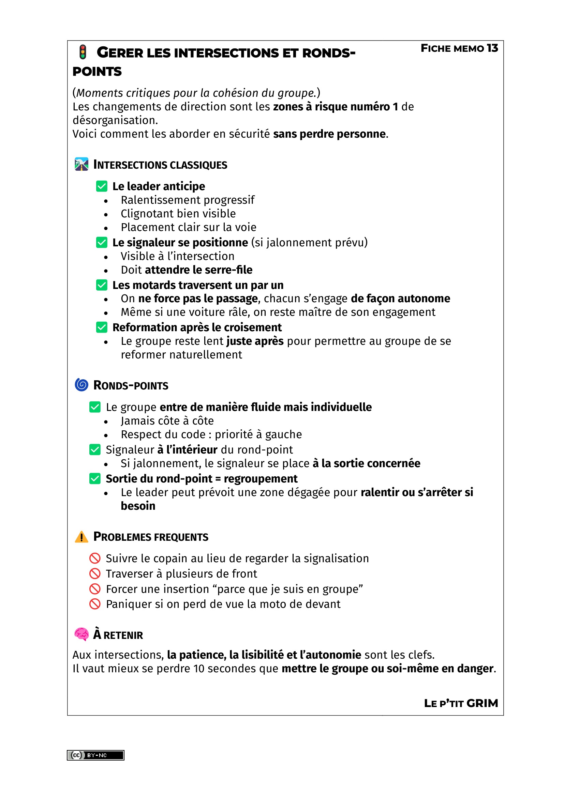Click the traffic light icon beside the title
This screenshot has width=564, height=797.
pyautogui.click(x=83, y=52)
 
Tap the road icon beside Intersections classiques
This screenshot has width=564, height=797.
pyautogui.click(x=81, y=164)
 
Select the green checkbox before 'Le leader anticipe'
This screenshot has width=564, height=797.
pyautogui.click(x=101, y=186)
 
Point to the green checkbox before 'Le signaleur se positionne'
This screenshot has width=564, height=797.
pyautogui.click(x=101, y=242)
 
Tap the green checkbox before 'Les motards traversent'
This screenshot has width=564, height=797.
pyautogui.click(x=101, y=285)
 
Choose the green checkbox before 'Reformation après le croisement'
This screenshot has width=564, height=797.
pyautogui.click(x=101, y=327)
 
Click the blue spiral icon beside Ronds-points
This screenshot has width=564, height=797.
pyautogui.click(x=81, y=385)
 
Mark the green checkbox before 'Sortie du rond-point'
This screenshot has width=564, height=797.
pyautogui.click(x=95, y=478)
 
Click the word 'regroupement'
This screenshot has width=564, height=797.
pyautogui.click(x=261, y=479)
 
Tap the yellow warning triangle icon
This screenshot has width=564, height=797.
pyautogui.click(x=81, y=537)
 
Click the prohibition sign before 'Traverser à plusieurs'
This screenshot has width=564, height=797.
pyautogui.click(x=95, y=573)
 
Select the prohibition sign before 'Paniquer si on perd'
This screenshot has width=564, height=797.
pyautogui.click(x=95, y=604)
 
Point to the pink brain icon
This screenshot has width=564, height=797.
pyautogui.click(x=81, y=634)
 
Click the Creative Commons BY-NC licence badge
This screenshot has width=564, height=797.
pyautogui.click(x=95, y=755)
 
